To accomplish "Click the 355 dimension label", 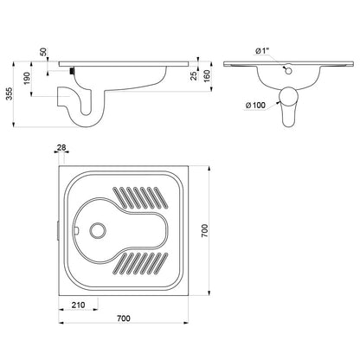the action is pos(10,93).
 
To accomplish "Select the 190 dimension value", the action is pos(27,78).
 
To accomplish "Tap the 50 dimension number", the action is pos(43,52).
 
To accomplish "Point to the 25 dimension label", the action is pos(194,76).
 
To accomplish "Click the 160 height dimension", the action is pos(207,76).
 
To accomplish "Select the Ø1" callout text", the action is pos(262,51).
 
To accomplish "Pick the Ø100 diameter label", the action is pos(255,106).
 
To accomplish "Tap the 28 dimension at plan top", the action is pos(61,148).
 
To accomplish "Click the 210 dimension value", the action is pos(78,305).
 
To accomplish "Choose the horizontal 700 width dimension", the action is pos(124,318).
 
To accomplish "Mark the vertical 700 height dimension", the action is pos(204,231).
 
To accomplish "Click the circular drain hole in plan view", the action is pos(98,230).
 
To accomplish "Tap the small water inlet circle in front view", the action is pos(288,71).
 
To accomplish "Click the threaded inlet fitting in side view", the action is pos(72,71).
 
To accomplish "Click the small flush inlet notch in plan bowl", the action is pos(76,230).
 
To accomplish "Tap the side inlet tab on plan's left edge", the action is pos(58,230).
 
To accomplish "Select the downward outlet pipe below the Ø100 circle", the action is pos(288,117).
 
